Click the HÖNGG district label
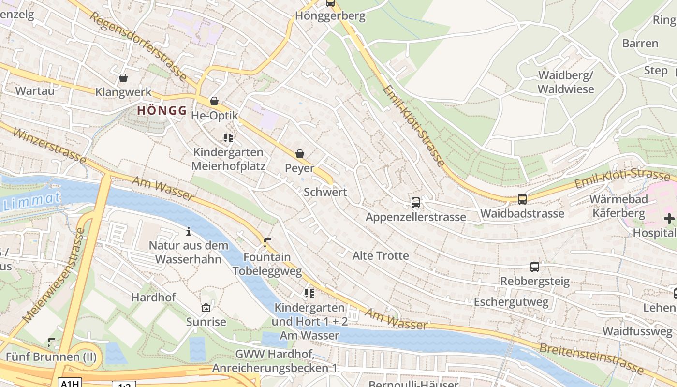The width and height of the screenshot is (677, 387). point(162,110)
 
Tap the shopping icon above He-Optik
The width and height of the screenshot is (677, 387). point(214,101)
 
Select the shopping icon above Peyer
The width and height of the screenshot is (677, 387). point(300,154)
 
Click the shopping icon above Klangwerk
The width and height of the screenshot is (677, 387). point(123,78)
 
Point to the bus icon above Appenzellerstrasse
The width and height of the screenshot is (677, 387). point(415,202)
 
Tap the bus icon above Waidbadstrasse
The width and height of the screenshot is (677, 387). point(522,199)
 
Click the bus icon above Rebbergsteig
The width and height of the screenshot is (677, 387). point(534,267)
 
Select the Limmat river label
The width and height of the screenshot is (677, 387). point(32,201)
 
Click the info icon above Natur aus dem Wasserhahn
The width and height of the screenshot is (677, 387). point(189,231)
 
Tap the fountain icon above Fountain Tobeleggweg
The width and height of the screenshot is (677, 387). point(267,242)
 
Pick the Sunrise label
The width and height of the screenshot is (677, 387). point(206,322)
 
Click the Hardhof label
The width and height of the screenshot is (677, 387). point(153,297)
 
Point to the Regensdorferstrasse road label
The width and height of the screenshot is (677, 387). point(137,46)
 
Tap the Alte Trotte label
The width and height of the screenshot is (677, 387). point(381,255)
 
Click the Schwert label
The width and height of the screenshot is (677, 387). point(325,192)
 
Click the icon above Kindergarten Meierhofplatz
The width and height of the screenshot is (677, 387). point(228,138)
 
